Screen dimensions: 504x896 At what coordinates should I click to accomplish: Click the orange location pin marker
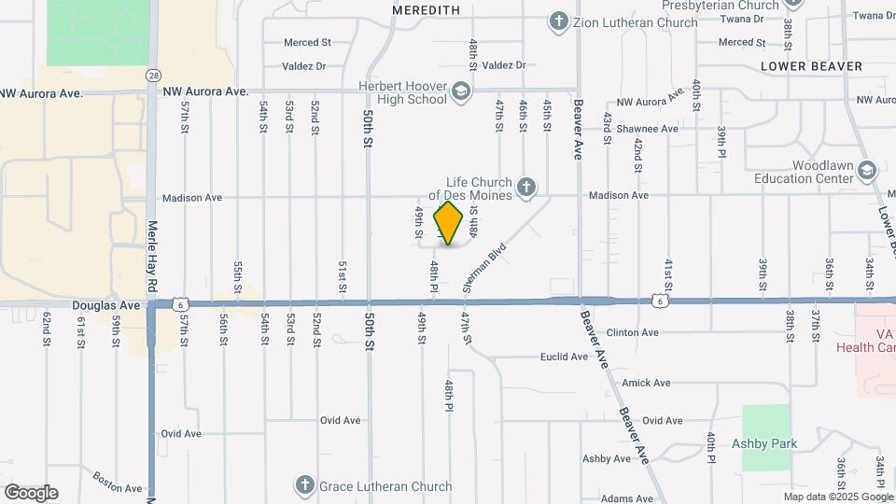pyautogui.click(x=449, y=223)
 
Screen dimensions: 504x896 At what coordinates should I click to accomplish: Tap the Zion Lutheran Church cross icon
pyautogui.click(x=559, y=21)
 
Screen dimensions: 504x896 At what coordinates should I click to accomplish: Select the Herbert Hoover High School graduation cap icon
pyautogui.click(x=460, y=91)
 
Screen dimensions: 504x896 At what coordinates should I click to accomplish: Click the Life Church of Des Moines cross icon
pyautogui.click(x=526, y=188)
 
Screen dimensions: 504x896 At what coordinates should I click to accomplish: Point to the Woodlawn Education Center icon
pyautogui.click(x=868, y=171)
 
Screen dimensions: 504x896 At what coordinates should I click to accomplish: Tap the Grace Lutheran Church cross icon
pyautogui.click(x=304, y=484)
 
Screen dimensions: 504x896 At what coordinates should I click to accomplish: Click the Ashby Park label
pyautogui.click(x=764, y=443)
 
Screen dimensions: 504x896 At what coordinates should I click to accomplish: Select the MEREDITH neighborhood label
pyautogui.click(x=427, y=9)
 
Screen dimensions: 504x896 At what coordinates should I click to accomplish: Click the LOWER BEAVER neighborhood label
pyautogui.click(x=811, y=66)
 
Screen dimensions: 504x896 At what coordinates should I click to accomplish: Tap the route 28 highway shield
pyautogui.click(x=152, y=74)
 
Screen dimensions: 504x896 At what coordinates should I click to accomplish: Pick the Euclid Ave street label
pyautogui.click(x=566, y=357)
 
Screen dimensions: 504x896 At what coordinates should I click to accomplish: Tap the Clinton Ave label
pyautogui.click(x=633, y=332)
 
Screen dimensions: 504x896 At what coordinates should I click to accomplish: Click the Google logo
pyautogui.click(x=31, y=493)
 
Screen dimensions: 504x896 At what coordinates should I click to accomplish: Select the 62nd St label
pyautogui.click(x=46, y=329)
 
